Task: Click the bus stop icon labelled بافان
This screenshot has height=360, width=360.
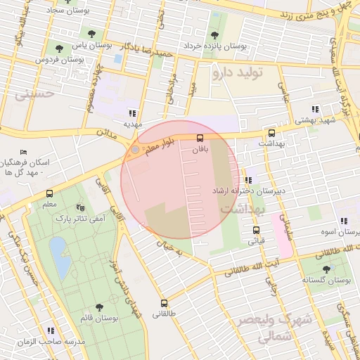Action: [200, 138]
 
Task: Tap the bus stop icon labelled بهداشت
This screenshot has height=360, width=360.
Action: [271, 133]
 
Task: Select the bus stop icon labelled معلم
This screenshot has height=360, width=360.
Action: [49, 193]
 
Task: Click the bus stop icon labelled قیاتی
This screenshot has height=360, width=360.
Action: [255, 230]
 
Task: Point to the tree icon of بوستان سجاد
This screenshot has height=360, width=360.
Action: [91, 32]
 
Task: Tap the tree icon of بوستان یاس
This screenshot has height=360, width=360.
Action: [59, 48]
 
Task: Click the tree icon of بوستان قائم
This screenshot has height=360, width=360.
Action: [98, 307]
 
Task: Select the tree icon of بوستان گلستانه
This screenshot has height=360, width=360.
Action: [326, 269]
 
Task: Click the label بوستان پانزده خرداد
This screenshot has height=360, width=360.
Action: [214, 46]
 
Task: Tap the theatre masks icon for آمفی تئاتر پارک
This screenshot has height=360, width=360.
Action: [79, 208]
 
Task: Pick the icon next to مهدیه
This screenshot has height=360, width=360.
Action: [131, 112]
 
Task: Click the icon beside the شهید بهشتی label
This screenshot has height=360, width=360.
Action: [316, 109]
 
